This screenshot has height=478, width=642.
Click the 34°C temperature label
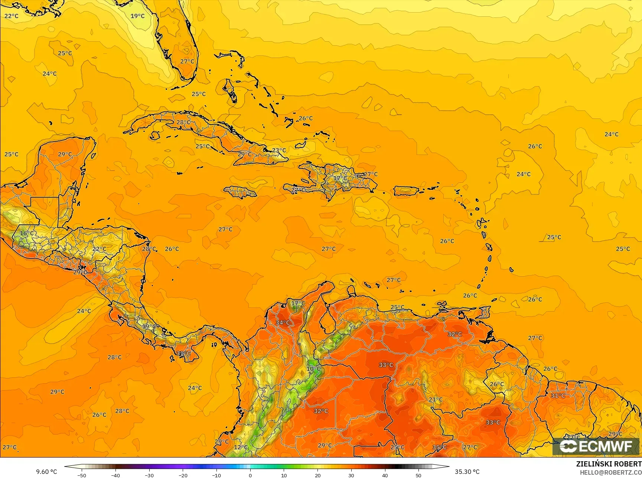[x=283, y=322]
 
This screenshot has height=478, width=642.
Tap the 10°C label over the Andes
[x=314, y=368]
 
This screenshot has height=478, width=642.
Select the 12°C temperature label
[x=241, y=447]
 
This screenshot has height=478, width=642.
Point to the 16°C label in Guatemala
[x=26, y=233]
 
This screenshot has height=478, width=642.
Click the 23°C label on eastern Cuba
[x=279, y=150]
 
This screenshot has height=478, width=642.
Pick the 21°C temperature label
[x=436, y=400]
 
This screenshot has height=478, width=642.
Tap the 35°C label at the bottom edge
[x=439, y=447]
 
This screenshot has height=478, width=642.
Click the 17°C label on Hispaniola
[x=340, y=178]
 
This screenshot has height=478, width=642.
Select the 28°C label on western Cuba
[x=183, y=122]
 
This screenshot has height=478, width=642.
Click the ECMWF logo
[x=596, y=446]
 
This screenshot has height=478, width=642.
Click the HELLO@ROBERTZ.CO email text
[x=611, y=472]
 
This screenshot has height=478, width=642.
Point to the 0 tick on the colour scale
[x=250, y=475]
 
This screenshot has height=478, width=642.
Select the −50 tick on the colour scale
[x=82, y=475]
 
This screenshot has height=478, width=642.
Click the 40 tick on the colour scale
[x=385, y=475]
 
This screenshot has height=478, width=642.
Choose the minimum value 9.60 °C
[x=46, y=472]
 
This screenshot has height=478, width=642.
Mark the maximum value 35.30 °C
[x=467, y=472]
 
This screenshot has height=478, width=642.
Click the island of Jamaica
[x=240, y=192]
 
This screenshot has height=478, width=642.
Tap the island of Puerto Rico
[x=406, y=191]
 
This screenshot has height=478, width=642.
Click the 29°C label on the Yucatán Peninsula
[x=65, y=154]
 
